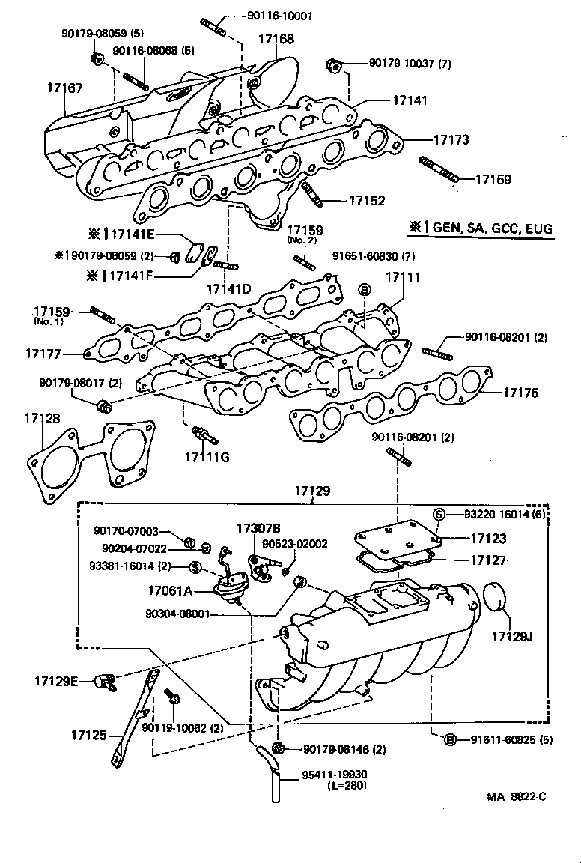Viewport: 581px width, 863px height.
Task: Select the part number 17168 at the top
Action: (x=276, y=37)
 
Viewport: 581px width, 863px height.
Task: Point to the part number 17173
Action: (x=451, y=139)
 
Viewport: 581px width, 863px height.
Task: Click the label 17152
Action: (x=367, y=201)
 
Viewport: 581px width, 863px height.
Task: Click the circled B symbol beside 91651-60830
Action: (x=365, y=290)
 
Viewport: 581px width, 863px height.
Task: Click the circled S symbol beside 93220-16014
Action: (x=440, y=514)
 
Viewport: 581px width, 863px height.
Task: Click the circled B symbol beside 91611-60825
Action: (x=450, y=740)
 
